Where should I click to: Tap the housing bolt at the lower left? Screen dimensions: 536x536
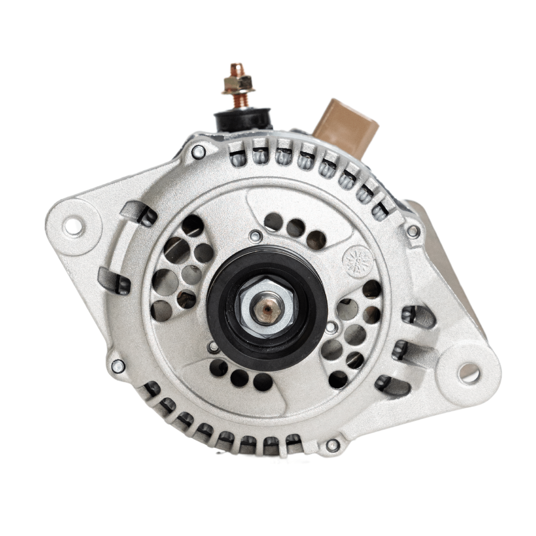(118, 364)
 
